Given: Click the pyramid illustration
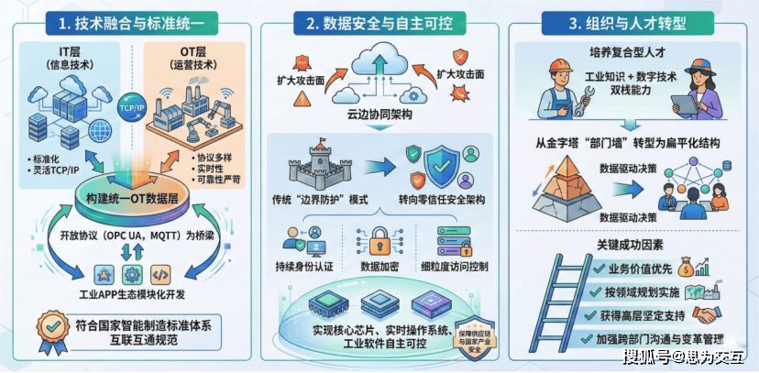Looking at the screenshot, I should click(562, 181).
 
